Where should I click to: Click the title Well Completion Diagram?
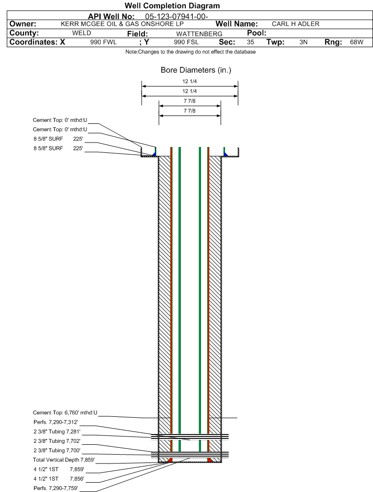click(x=172, y=5)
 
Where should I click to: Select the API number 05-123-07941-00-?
click(x=176, y=17)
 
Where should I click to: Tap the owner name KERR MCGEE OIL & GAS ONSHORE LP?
click(x=122, y=24)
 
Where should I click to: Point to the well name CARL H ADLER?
click(x=295, y=24)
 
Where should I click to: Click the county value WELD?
click(x=82, y=33)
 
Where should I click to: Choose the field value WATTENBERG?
click(x=199, y=34)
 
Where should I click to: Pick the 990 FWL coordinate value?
click(x=104, y=42)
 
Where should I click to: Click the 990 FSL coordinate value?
click(x=186, y=42)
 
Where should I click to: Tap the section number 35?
click(x=250, y=42)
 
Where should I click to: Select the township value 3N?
click(x=303, y=42)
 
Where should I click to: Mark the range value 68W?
click(x=357, y=42)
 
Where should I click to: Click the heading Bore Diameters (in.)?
click(x=196, y=70)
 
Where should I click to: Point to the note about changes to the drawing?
click(x=190, y=52)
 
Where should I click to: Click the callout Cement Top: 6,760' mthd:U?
click(x=65, y=412)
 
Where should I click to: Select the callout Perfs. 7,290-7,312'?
click(x=56, y=422)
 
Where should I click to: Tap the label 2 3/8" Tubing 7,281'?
click(x=57, y=432)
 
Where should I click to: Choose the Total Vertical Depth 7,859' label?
click(x=64, y=460)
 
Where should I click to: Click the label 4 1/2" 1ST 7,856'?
click(x=59, y=479)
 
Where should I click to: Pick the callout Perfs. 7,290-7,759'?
click(x=56, y=488)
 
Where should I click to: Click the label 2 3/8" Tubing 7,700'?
click(x=57, y=450)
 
